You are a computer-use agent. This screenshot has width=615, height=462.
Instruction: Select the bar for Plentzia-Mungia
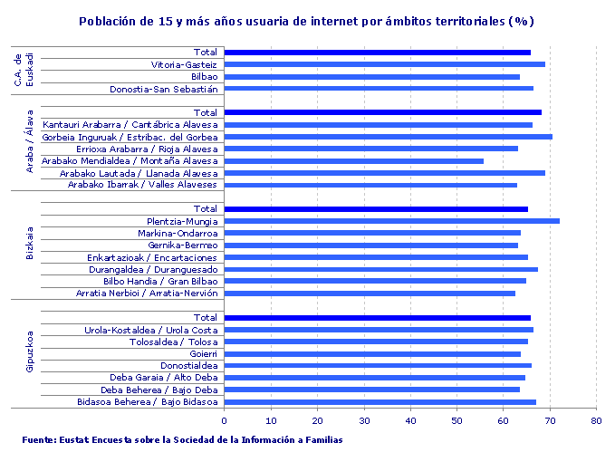click(391, 221)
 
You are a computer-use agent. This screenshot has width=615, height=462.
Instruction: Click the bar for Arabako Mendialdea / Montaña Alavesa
click(353, 161)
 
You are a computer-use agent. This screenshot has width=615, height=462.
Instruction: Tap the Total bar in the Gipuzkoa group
click(377, 318)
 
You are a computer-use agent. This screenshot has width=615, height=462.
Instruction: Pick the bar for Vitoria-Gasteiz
click(384, 64)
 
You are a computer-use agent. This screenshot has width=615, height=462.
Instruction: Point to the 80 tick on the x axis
click(596, 420)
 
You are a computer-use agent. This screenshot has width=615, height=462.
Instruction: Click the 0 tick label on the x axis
click(224, 420)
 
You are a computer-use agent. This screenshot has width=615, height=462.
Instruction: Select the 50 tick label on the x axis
click(456, 420)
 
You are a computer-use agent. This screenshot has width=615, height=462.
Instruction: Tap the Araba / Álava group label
click(30, 149)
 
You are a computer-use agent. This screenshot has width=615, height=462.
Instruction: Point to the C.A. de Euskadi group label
click(24, 70)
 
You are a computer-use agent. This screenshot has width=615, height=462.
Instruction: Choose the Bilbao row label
click(197, 77)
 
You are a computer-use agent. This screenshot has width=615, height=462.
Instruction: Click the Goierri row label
click(201, 354)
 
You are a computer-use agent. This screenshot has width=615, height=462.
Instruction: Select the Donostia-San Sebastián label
click(164, 90)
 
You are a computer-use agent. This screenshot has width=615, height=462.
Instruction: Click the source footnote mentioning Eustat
click(182, 440)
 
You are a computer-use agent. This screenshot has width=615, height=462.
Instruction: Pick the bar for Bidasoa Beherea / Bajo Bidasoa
click(380, 402)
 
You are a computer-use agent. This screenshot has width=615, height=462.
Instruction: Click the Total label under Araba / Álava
click(206, 112)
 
